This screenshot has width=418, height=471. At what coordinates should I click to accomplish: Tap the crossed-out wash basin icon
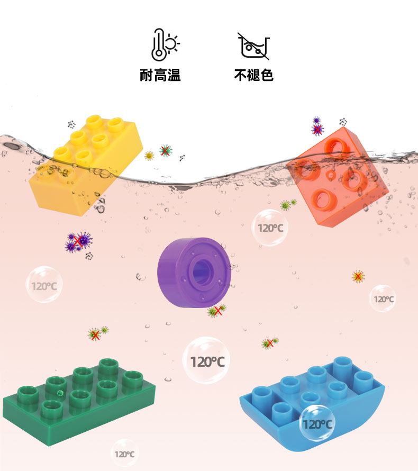tap(253, 46)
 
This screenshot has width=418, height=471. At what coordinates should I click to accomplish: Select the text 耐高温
tap(160, 76)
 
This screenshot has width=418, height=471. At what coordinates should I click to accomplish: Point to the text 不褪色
tap(253, 76)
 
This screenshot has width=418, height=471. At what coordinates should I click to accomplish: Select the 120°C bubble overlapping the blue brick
tap(317, 423)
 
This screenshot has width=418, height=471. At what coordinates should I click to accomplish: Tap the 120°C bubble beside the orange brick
tap(270, 228)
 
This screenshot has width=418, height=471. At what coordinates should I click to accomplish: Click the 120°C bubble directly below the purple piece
tap(207, 361)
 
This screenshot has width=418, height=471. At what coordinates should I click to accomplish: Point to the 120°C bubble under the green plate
tap(124, 453)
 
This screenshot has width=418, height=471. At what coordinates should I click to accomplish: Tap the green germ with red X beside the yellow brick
tap(166, 151)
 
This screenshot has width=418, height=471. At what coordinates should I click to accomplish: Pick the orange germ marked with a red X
tap(358, 276)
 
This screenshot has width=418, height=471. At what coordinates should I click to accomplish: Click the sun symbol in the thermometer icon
tap(172, 41)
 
